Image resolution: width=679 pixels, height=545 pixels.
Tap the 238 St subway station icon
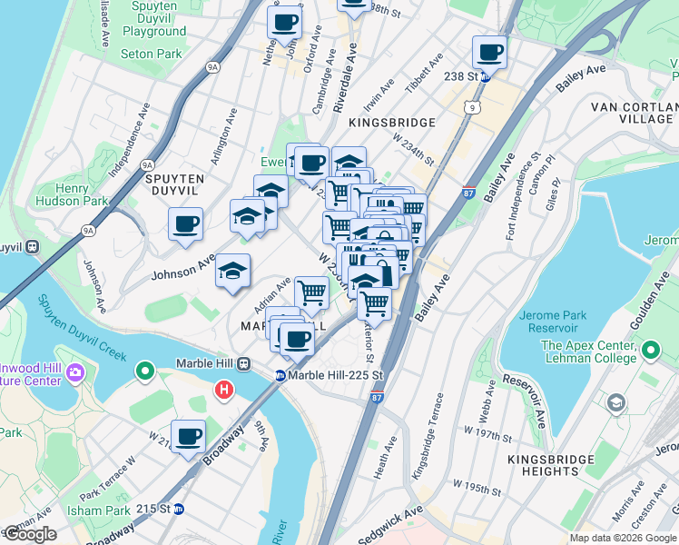(x=485, y=77)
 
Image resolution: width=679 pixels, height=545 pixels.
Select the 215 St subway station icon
(x=180, y=510)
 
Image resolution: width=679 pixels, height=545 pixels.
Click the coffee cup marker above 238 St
(x=489, y=52)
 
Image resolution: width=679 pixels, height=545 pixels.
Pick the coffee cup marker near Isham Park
(x=188, y=437)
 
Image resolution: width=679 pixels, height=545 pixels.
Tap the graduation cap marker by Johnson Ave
(x=232, y=272)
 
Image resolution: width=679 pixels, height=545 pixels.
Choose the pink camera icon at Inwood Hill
(x=74, y=372)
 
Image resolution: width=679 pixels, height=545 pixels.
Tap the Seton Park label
(x=151, y=54)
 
